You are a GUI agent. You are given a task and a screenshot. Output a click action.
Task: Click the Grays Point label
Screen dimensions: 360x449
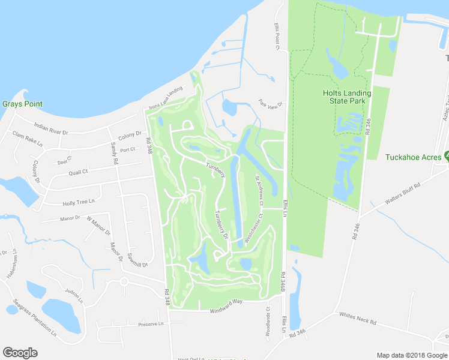pyautogui.click(x=22, y=104)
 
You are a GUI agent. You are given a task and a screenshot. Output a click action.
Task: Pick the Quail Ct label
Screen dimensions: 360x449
pyautogui.click(x=78, y=172)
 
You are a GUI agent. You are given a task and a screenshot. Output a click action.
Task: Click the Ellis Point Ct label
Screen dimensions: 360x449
pyautogui.click(x=278, y=37)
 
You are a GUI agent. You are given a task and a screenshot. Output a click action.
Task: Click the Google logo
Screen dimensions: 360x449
pyautogui.click(x=20, y=353)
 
